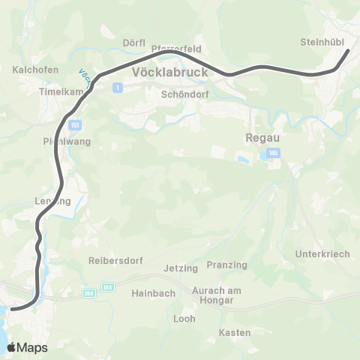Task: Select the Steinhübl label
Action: click(321, 42)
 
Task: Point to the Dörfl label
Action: click(133, 43)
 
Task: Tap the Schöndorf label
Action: click(183, 95)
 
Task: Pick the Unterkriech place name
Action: click(323, 254)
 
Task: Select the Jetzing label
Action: click(181, 268)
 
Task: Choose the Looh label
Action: click(184, 319)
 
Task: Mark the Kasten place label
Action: click(229, 332)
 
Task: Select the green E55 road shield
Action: click(109, 286)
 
